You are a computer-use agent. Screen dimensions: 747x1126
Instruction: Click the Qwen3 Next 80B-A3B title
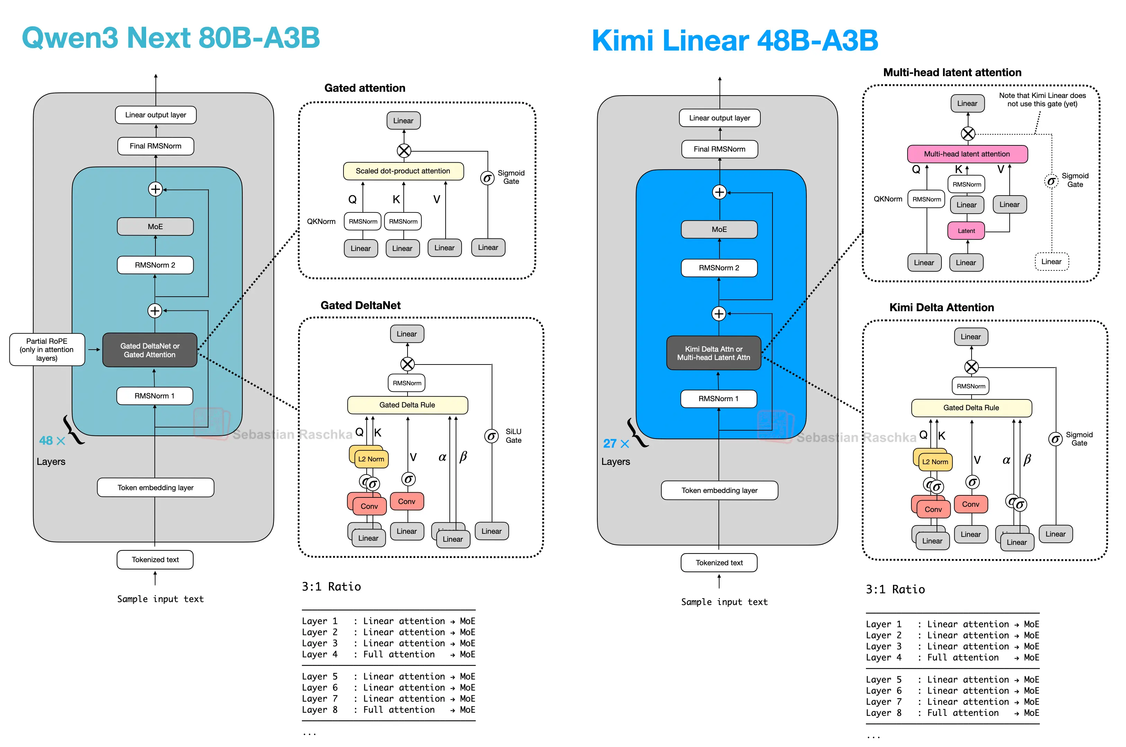click(171, 38)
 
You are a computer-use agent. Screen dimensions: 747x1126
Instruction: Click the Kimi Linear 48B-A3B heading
click(734, 40)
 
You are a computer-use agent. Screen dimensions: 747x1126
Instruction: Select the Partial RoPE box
click(47, 349)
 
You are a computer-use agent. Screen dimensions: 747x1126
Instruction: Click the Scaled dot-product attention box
click(403, 171)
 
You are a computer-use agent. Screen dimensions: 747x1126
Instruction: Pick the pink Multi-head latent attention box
click(966, 154)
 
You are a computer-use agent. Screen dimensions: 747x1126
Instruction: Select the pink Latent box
click(966, 231)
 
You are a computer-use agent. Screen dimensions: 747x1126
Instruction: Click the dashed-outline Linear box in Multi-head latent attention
click(1051, 262)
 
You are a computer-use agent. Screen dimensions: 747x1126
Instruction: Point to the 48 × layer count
click(52, 441)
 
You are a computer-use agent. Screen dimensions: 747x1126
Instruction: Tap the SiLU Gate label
click(513, 435)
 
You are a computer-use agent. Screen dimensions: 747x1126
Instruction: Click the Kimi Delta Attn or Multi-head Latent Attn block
click(713, 353)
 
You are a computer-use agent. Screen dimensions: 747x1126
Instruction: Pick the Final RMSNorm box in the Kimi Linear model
click(719, 149)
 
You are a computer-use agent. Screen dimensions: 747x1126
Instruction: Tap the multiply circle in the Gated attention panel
click(404, 151)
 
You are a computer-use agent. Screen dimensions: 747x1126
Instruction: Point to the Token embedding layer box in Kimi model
click(719, 490)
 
